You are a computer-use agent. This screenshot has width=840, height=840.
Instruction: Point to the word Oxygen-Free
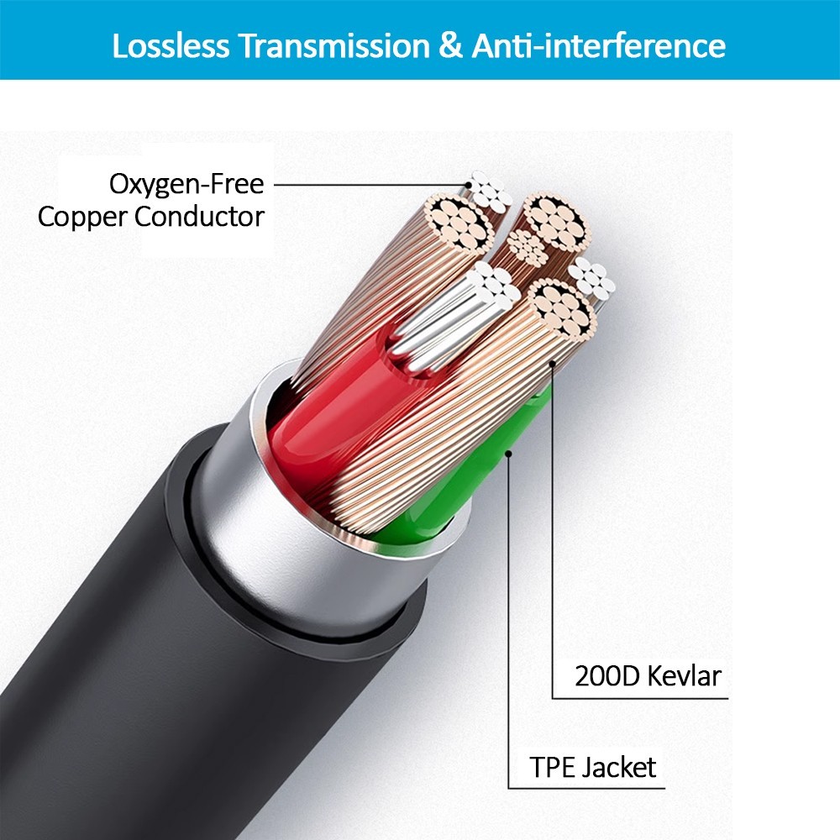point(186,183)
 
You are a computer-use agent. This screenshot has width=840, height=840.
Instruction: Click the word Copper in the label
point(82,217)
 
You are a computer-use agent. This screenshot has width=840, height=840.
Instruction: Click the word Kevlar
point(685,675)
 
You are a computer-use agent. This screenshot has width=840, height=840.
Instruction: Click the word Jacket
point(620,766)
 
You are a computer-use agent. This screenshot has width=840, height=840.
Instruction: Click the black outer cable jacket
point(126,630)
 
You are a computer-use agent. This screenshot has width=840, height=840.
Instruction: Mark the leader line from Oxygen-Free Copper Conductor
point(370,184)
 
